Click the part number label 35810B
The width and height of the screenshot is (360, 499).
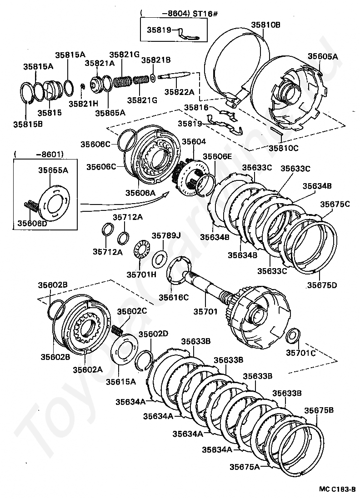(266, 25)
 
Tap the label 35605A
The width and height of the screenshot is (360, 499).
(323, 56)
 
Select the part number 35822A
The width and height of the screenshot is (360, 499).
(179, 92)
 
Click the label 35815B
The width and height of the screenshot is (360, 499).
(28, 124)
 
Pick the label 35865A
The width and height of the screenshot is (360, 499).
(110, 112)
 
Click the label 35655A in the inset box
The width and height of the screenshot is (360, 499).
(53, 170)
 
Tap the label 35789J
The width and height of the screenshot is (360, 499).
(166, 235)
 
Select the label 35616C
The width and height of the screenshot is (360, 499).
(174, 297)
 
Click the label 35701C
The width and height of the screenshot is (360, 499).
(301, 353)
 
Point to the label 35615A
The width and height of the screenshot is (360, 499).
(121, 381)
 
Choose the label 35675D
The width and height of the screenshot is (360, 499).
(322, 285)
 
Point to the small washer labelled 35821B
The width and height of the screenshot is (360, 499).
(152, 77)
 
